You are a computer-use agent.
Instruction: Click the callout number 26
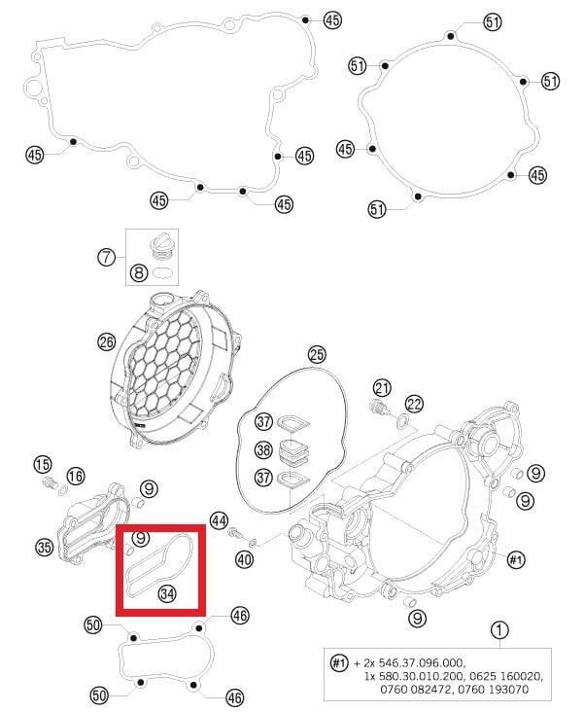[107, 341]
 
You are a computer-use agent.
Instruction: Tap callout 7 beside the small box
[106, 258]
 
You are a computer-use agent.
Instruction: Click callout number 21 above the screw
[382, 387]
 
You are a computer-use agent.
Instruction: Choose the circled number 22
[415, 404]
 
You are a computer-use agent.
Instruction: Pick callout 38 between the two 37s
[263, 450]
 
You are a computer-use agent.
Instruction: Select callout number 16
[75, 475]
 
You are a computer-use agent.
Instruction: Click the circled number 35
[44, 548]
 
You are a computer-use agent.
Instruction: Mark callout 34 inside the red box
[167, 592]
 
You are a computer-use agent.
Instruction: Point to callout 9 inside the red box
[141, 538]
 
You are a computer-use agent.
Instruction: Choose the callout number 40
[243, 559]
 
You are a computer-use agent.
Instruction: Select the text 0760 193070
[508, 689]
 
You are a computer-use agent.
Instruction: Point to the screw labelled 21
[379, 408]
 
